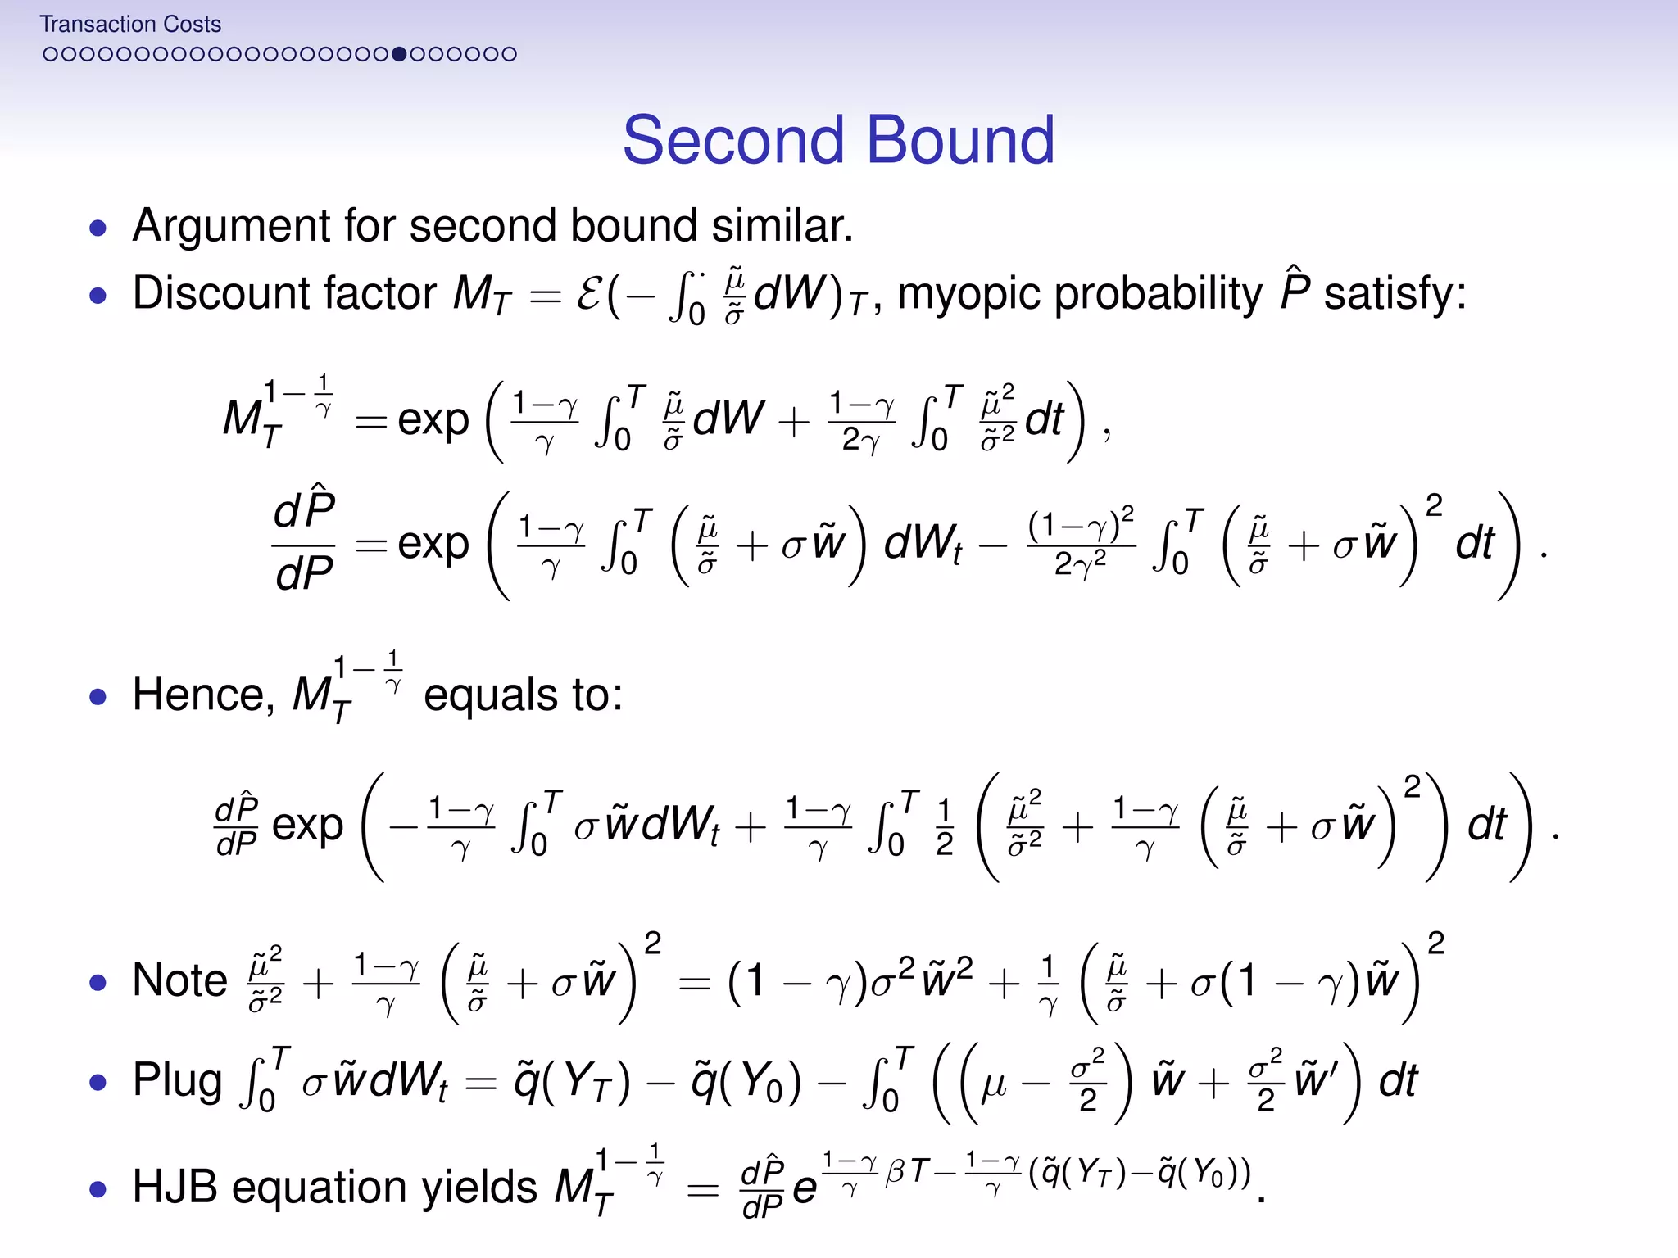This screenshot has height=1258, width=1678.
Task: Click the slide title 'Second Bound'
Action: click(x=838, y=140)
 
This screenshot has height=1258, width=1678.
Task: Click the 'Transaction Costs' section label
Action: click(x=130, y=25)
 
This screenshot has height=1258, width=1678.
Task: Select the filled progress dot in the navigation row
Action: click(x=399, y=54)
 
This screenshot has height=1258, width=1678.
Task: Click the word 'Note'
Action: click(x=180, y=980)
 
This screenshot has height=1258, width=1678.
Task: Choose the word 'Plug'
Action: click(x=178, y=1080)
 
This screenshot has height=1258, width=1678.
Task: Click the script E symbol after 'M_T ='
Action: click(x=589, y=294)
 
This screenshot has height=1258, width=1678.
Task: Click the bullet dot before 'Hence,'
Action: click(x=98, y=697)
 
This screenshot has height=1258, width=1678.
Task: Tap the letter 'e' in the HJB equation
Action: click(x=805, y=1189)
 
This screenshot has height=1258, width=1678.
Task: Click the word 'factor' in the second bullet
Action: click(x=380, y=293)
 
